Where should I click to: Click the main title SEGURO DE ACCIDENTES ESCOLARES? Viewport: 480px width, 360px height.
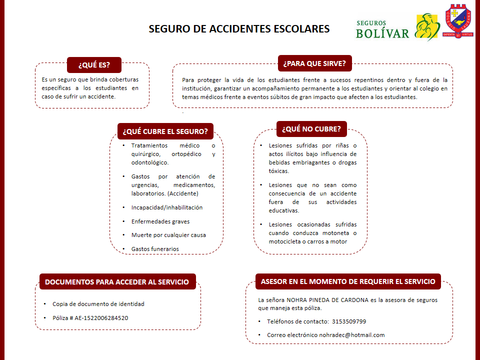(x=239, y=29)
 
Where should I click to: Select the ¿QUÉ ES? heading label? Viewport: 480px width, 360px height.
(x=94, y=64)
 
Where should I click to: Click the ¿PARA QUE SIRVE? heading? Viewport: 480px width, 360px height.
(x=314, y=63)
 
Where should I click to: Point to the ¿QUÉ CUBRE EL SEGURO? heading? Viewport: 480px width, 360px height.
(x=165, y=131)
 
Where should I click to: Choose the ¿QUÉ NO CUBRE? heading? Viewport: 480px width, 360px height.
(x=311, y=129)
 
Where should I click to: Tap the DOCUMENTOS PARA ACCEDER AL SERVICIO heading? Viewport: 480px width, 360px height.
(x=117, y=282)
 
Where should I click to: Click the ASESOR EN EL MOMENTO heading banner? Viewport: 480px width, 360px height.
(x=348, y=281)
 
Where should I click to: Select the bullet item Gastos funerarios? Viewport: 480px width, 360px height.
(x=155, y=248)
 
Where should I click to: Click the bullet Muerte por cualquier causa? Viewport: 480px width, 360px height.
(x=168, y=234)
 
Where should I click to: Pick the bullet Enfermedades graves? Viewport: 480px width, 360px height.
(x=160, y=221)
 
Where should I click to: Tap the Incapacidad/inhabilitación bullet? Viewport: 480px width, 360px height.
(x=167, y=207)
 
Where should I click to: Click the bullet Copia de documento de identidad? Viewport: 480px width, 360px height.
(x=98, y=304)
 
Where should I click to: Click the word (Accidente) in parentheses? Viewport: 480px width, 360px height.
(x=183, y=193)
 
